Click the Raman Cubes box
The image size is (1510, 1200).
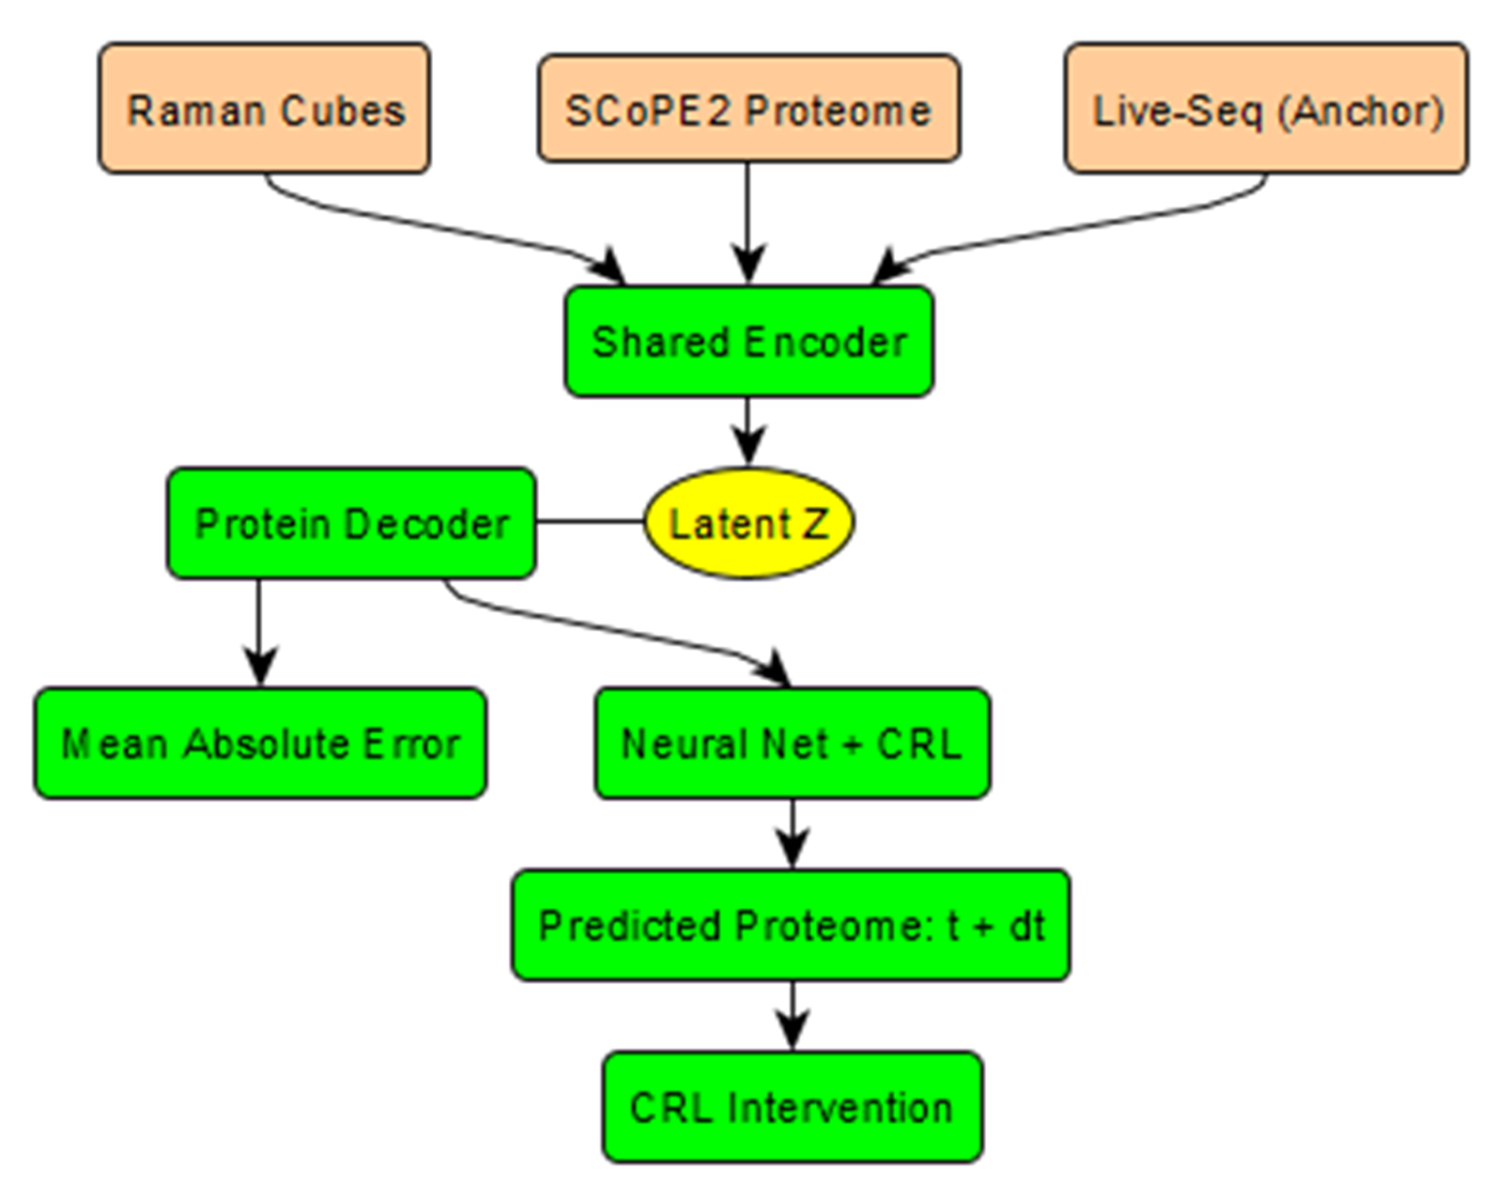(265, 108)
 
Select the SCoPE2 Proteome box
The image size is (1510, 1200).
(748, 108)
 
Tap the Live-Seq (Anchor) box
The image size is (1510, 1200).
(1266, 108)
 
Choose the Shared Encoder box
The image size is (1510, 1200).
(748, 341)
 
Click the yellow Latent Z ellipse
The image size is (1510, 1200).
(748, 522)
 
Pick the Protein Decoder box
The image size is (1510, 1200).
(351, 522)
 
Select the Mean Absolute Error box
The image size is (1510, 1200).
(260, 743)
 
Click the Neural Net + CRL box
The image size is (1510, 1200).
(792, 743)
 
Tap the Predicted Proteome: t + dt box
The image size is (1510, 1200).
(791, 925)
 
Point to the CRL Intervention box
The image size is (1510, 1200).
(792, 1107)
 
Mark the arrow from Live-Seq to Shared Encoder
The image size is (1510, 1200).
(1071, 225)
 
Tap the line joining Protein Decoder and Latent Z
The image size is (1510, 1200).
(590, 521)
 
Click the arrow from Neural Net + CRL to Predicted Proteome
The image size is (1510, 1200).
(793, 832)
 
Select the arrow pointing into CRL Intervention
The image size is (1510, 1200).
(793, 1014)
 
